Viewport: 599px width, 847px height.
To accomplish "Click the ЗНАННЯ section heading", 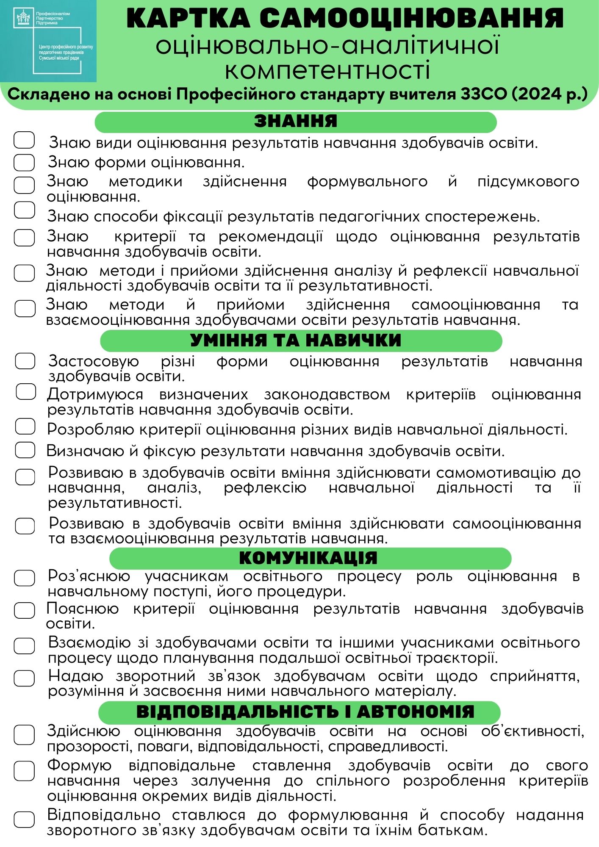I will click(296, 122).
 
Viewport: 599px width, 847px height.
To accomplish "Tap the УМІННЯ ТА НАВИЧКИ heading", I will click(295, 340).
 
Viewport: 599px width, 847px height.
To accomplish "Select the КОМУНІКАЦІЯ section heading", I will click(308, 558).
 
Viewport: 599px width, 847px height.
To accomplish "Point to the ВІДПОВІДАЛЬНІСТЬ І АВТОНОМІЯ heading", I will click(305, 712).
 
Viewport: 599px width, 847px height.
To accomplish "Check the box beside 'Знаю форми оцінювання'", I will click(24, 162).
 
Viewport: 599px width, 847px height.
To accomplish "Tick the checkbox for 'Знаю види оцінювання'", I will click(24, 140).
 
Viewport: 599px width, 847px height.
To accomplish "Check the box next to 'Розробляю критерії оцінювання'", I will click(25, 426).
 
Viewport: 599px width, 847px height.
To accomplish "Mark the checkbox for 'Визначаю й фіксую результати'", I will click(25, 450).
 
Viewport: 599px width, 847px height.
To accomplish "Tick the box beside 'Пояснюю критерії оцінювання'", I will click(25, 610).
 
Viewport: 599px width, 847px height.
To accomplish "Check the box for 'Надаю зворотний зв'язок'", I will click(25, 678).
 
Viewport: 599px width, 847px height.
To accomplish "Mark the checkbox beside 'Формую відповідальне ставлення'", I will click(24, 771).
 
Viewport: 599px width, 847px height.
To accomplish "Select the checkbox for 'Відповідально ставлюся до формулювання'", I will click(24, 819).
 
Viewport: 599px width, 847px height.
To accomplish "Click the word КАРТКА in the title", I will click(188, 19).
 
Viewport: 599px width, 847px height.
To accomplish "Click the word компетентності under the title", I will click(327, 71).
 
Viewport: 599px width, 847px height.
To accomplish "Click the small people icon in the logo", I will click(23, 18).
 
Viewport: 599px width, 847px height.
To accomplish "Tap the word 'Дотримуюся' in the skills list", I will click(95, 395).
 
